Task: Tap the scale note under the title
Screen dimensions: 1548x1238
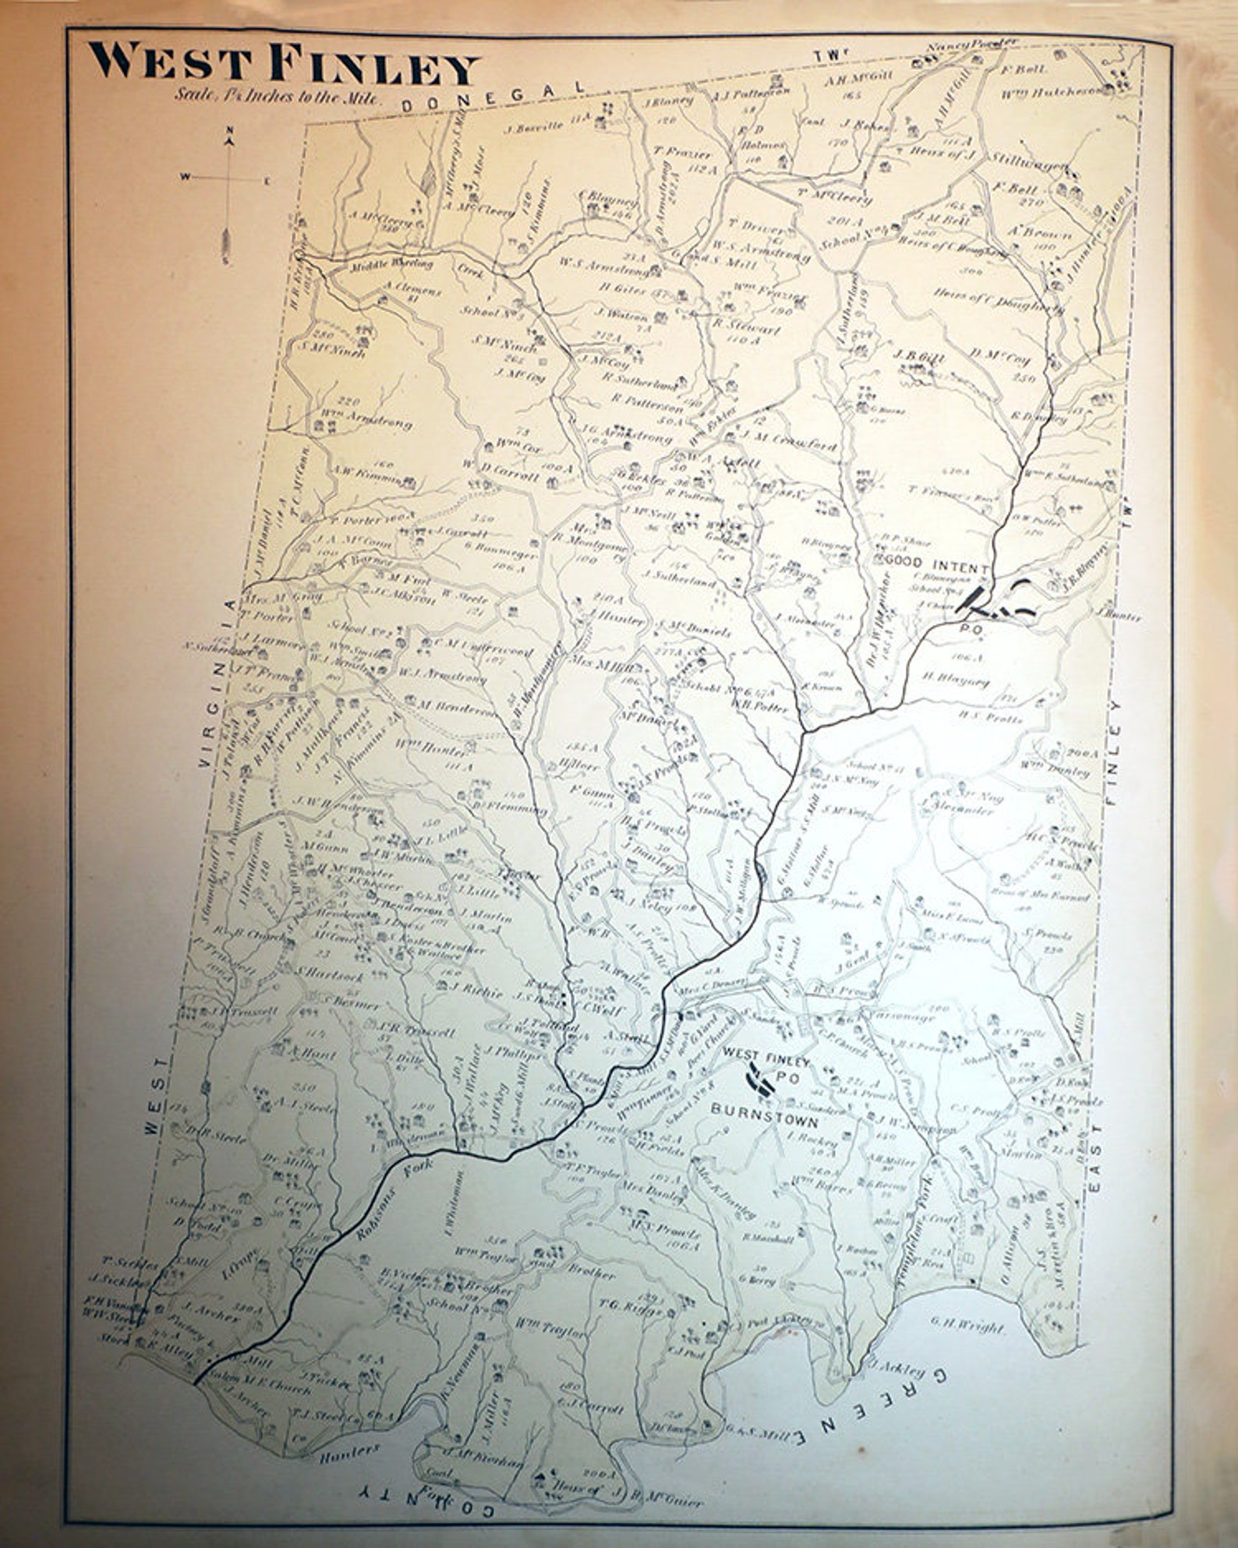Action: pyautogui.click(x=278, y=99)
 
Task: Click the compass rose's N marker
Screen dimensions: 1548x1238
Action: pyautogui.click(x=228, y=130)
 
